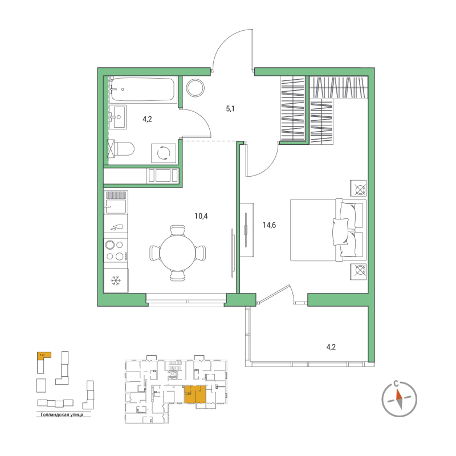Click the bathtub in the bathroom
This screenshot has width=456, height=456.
[143, 89]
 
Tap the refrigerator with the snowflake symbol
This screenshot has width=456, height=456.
[116, 280]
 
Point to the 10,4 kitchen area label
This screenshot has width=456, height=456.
[201, 215]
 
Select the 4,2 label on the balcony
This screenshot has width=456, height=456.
[332, 345]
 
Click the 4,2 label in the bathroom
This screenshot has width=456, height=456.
[147, 119]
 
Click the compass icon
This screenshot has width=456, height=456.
[399, 397]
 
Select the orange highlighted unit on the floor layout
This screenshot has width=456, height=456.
[195, 394]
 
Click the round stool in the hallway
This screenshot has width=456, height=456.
[195, 87]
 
